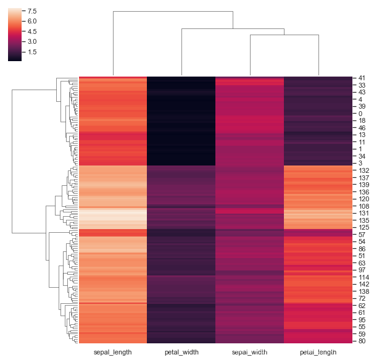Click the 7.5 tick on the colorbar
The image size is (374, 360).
pos(32,12)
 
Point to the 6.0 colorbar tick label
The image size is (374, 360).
pos(32,22)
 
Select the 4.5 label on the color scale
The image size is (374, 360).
pos(32,31)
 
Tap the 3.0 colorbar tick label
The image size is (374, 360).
pos(32,41)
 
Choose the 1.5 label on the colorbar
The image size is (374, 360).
pos(32,52)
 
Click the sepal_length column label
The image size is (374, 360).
pos(112,353)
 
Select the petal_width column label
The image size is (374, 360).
pos(181,353)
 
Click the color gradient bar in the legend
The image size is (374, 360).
pos(15,34)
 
